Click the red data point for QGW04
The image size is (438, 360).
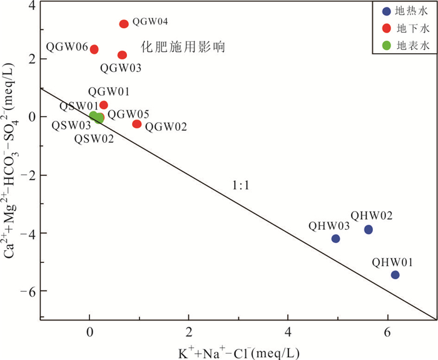point(124,24)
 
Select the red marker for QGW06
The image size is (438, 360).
point(94,49)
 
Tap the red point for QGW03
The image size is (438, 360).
point(122,55)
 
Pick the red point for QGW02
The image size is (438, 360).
point(137,124)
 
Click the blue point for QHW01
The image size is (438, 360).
point(395,275)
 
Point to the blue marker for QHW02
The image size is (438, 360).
point(369,230)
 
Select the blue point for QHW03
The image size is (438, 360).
point(335,239)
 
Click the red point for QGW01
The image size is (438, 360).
point(104,105)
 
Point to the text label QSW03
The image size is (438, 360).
point(72,126)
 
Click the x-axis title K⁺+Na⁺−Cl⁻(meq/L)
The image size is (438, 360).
point(239,351)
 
